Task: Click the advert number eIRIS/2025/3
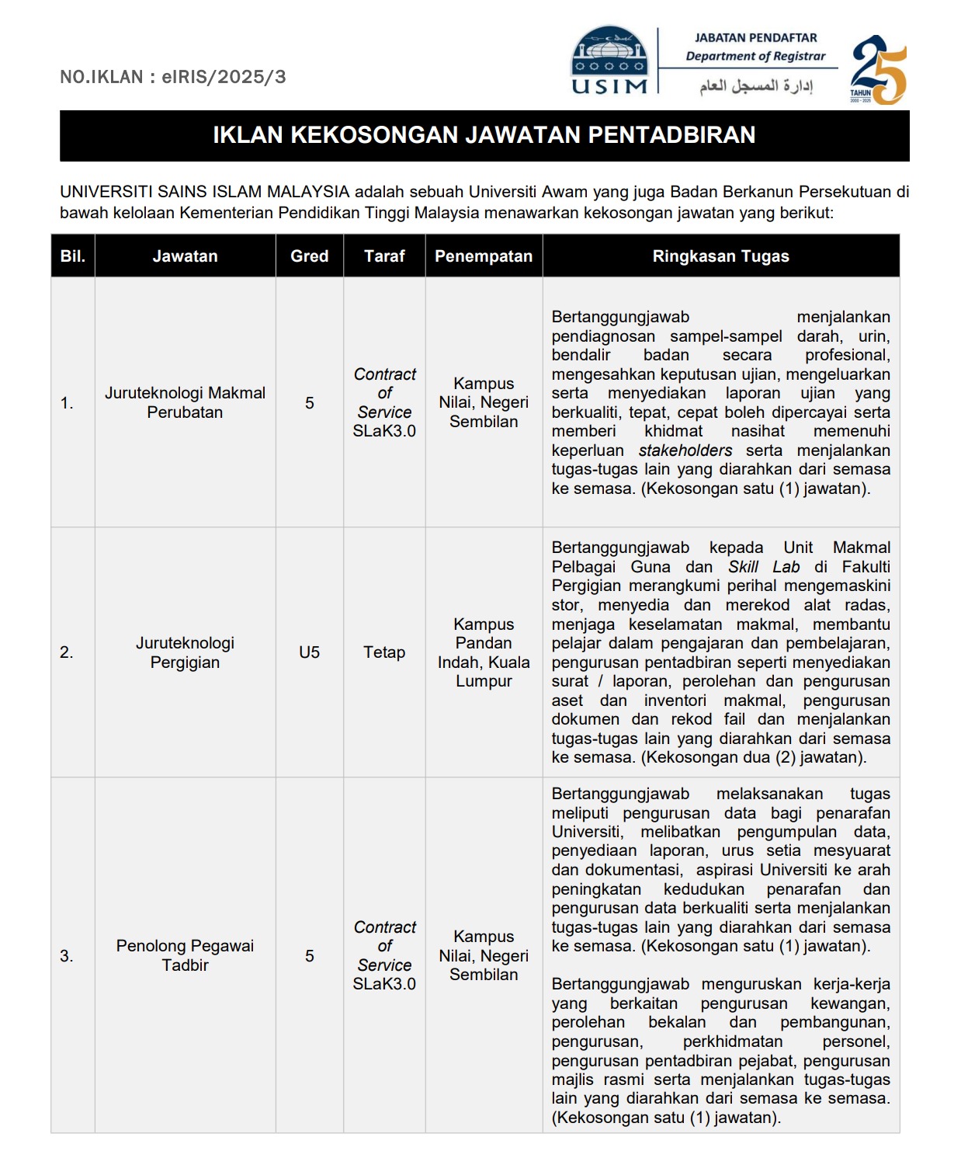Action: pos(173,77)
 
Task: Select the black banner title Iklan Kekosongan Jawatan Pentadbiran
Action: pos(484,135)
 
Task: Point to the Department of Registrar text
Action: pos(755,56)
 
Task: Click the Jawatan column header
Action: pos(185,256)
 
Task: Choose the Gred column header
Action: pos(309,256)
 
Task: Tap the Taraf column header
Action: pos(384,256)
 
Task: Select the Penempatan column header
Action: pos(484,256)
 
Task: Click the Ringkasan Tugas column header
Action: pos(720,256)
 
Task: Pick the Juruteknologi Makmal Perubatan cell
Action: pos(185,402)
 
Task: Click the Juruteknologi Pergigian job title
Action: pos(185,652)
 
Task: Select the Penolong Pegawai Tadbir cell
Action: pos(185,955)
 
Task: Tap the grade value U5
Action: pos(309,652)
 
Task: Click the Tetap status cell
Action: pos(384,652)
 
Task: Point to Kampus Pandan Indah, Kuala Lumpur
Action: pos(484,652)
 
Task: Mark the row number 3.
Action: pos(67,956)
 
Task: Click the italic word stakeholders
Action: pos(685,450)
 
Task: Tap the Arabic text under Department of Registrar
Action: pos(755,85)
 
